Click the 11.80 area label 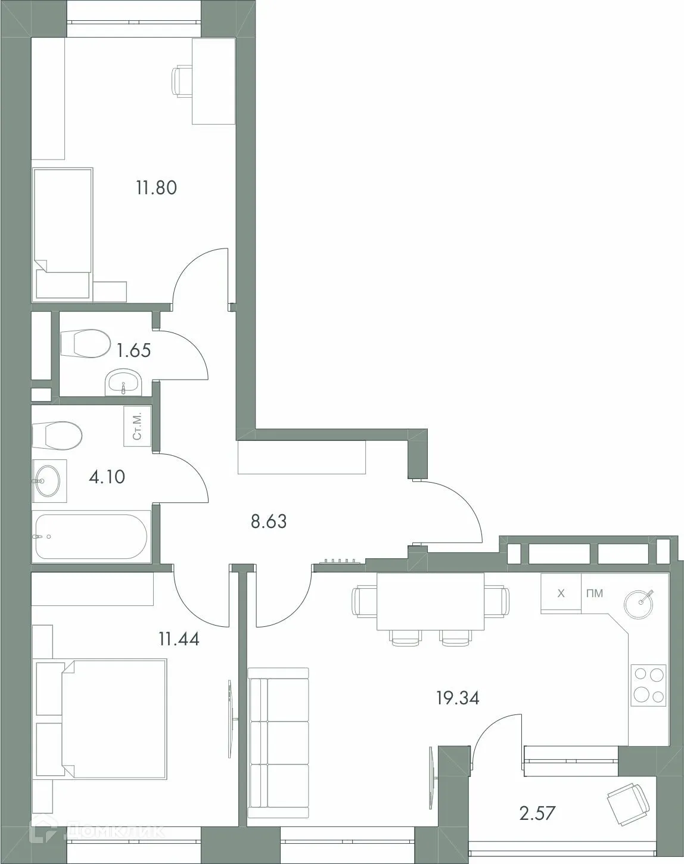156,188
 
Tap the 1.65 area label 133,350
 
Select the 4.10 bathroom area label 107,477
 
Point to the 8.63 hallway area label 268,522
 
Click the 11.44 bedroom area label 179,640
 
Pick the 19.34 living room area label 458,697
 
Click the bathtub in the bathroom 91,536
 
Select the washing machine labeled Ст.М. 137,426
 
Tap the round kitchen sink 641,602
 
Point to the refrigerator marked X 560,593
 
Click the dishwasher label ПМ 594,593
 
